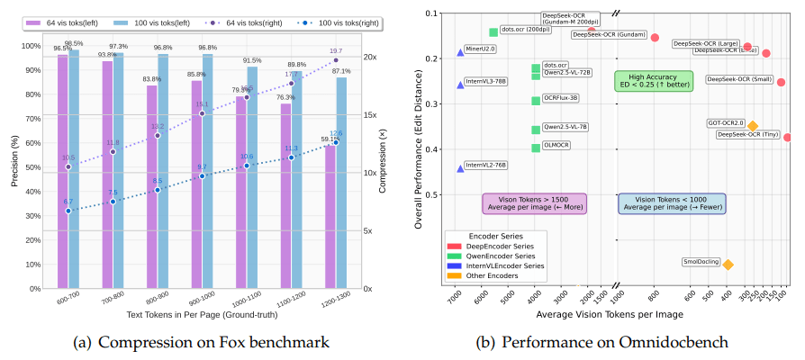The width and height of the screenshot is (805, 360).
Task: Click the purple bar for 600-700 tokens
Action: [x=63, y=171]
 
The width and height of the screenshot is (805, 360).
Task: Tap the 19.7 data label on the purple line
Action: [x=336, y=51]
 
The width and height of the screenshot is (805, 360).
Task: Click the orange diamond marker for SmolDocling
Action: [x=728, y=264]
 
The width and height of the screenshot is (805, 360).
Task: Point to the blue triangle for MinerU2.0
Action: [x=461, y=52]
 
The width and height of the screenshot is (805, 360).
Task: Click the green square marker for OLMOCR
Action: [x=536, y=148]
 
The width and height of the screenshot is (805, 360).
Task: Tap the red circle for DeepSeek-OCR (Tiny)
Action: [x=788, y=138]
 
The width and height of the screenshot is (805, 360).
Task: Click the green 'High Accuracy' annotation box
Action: [x=648, y=81]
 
